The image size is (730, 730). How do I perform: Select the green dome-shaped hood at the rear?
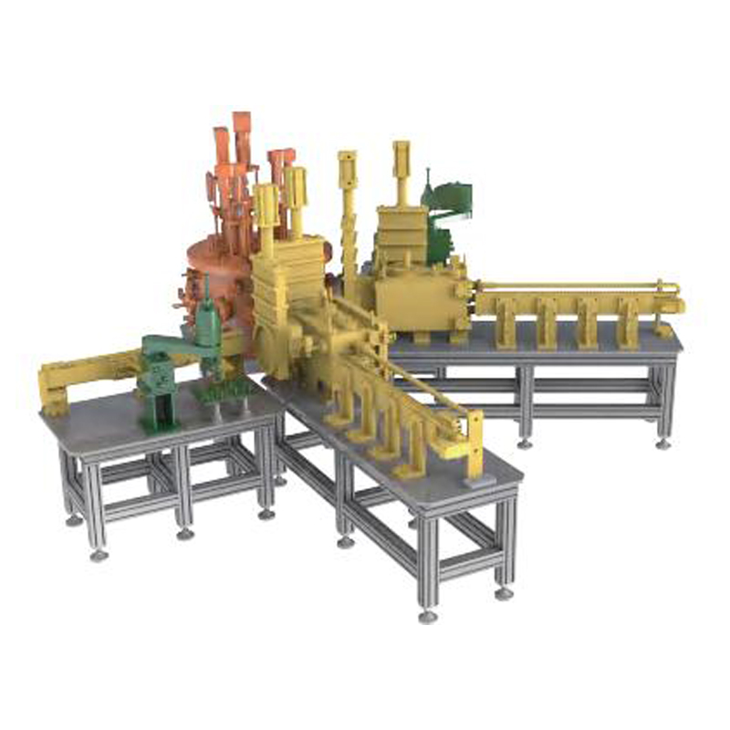pos(451,201)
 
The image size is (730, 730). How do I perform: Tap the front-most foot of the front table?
pos(427,617)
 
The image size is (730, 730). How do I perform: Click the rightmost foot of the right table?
pos(663,444)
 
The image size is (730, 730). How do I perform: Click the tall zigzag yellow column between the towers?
pos(348,219)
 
